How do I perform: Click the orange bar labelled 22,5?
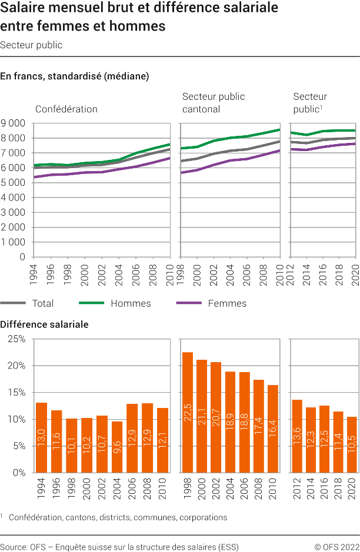click(x=188, y=412)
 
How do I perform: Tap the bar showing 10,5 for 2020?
click(x=351, y=444)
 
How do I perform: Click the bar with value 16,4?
click(x=273, y=429)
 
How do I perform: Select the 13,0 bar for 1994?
click(x=41, y=437)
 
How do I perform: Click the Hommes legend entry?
click(x=131, y=303)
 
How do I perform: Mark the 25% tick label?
click(x=16, y=339)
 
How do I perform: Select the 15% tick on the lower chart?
click(x=16, y=393)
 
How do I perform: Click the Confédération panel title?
click(x=66, y=109)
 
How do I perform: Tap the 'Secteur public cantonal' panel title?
click(x=214, y=103)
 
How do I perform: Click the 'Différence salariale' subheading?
click(x=45, y=324)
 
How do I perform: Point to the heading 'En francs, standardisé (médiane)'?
click(x=75, y=76)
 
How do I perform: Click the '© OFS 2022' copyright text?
click(x=336, y=547)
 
